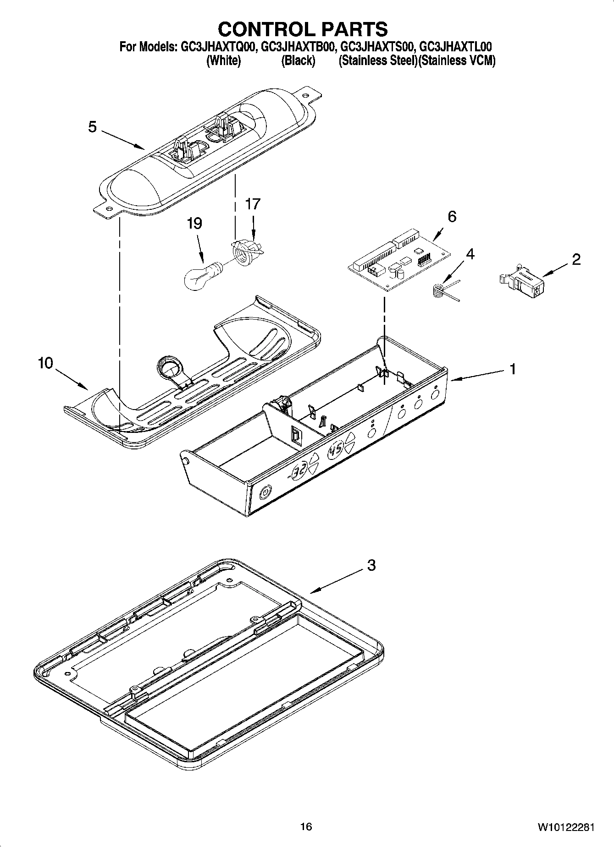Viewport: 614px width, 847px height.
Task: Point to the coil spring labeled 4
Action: pos(440,290)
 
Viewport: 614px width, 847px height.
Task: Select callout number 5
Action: pos(93,127)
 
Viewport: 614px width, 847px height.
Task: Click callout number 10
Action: pos(45,363)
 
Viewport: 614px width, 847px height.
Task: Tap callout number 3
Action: pos(371,565)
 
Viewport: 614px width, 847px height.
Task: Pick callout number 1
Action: pos(513,368)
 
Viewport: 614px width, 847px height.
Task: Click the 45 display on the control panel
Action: pos(336,445)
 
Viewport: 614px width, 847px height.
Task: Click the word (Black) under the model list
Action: pos(298,60)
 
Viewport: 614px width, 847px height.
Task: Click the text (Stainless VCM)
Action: pos(457,60)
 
